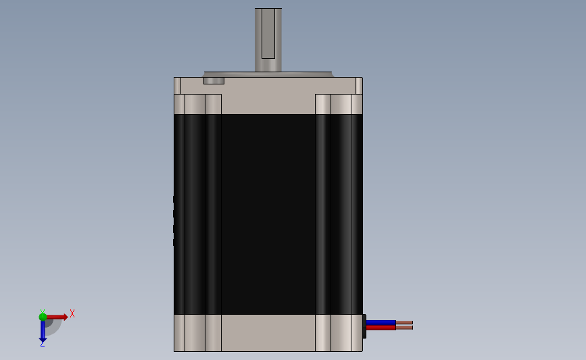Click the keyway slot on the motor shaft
(x=268, y=34)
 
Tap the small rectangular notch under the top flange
(x=214, y=80)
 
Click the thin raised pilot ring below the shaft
(x=268, y=74)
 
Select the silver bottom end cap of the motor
(x=268, y=332)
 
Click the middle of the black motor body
(x=268, y=214)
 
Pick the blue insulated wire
(x=381, y=322)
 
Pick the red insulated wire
(x=381, y=328)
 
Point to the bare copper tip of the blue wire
(x=404, y=323)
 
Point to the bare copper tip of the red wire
(x=404, y=328)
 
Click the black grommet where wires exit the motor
(x=364, y=326)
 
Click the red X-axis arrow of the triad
(x=57, y=316)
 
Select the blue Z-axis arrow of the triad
(x=43, y=330)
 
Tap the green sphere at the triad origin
(x=43, y=316)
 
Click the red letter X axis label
(x=72, y=313)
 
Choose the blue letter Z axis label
(x=42, y=344)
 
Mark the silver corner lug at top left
(x=198, y=104)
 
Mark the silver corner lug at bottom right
(x=339, y=332)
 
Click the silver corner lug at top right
(x=339, y=104)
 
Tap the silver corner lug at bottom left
(x=198, y=332)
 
